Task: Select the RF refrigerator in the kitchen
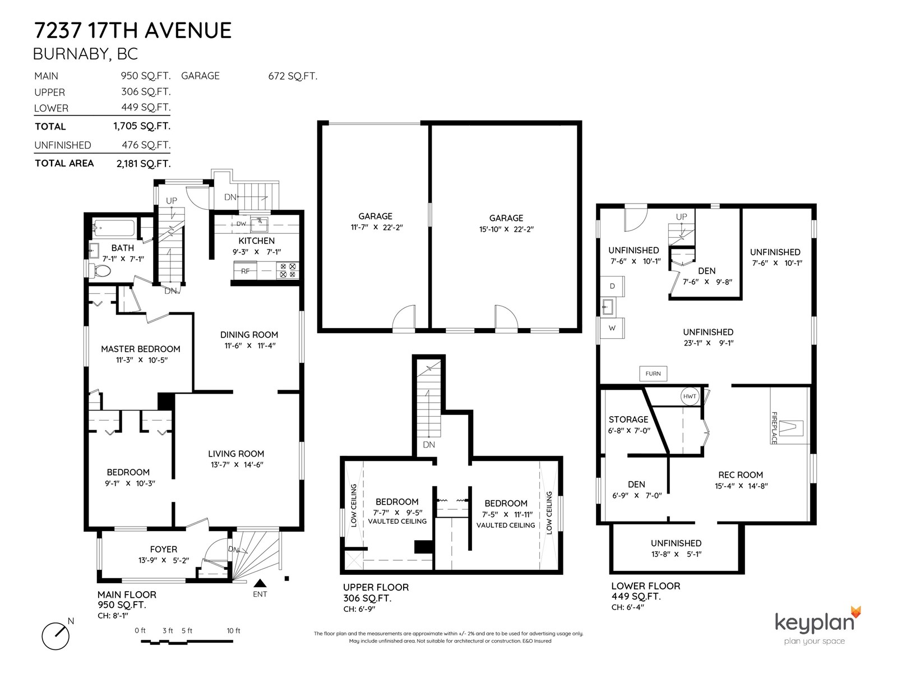point(245,270)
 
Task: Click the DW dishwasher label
point(241,224)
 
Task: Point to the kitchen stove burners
point(288,270)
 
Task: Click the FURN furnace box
point(653,374)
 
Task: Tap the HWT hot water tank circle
point(690,396)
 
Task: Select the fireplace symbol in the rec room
point(790,428)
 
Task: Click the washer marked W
point(612,328)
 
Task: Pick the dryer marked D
point(612,286)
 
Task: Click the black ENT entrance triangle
point(260,583)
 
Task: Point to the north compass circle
point(55,636)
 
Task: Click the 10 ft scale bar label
point(233,630)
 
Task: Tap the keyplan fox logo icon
point(856,612)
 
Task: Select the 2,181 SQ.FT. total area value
point(144,164)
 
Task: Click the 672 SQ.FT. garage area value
point(293,76)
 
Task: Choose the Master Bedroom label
point(141,349)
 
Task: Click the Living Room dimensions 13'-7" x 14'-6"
point(236,464)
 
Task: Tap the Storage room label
point(628,420)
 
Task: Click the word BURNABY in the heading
point(70,54)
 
